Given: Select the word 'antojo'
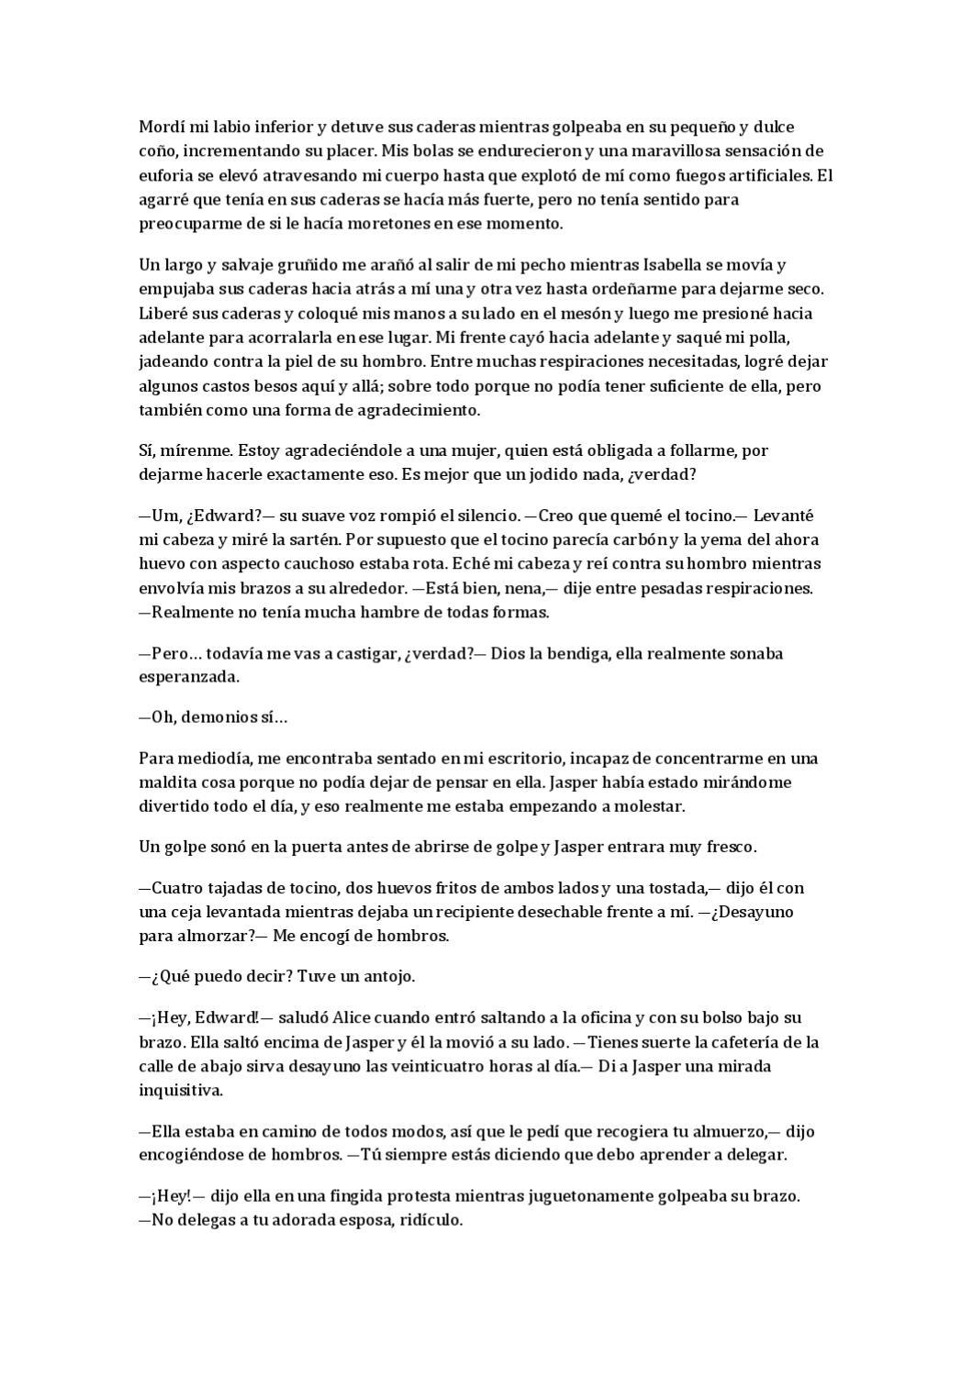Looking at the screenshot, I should (390, 976).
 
